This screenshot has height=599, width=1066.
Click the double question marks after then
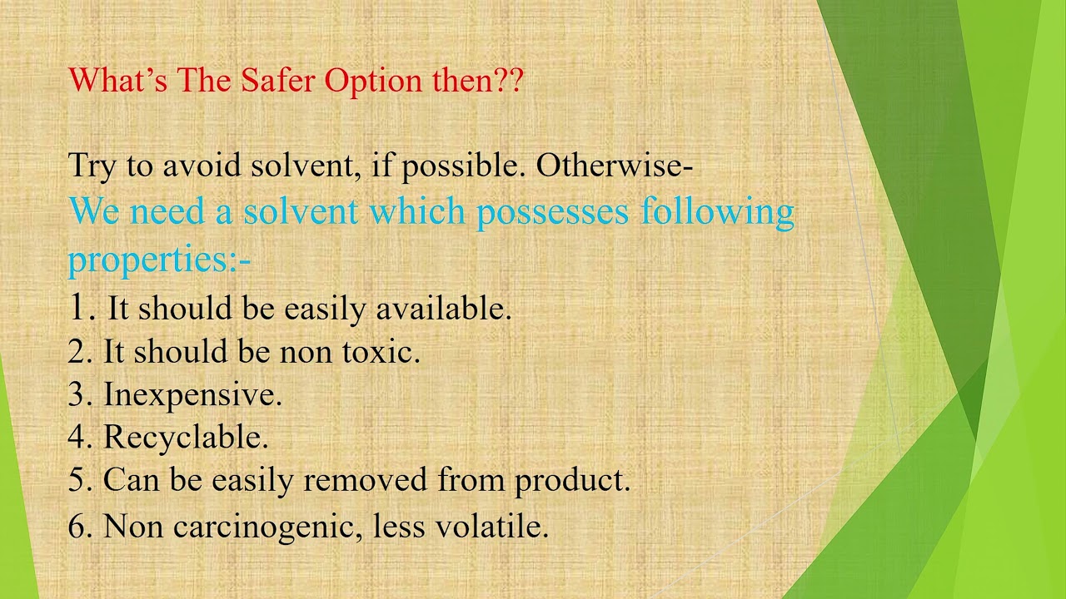(x=508, y=81)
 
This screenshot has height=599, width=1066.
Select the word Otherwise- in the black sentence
(x=615, y=166)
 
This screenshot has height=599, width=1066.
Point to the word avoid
(x=202, y=166)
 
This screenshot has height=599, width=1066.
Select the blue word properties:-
(x=159, y=260)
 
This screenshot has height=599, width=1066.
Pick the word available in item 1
(x=442, y=309)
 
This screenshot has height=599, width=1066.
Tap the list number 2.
(x=79, y=352)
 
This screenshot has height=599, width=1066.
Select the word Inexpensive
(x=192, y=395)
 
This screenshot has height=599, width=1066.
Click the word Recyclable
(x=185, y=438)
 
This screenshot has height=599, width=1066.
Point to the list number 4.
(x=79, y=438)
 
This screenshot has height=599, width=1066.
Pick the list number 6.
(x=79, y=527)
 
